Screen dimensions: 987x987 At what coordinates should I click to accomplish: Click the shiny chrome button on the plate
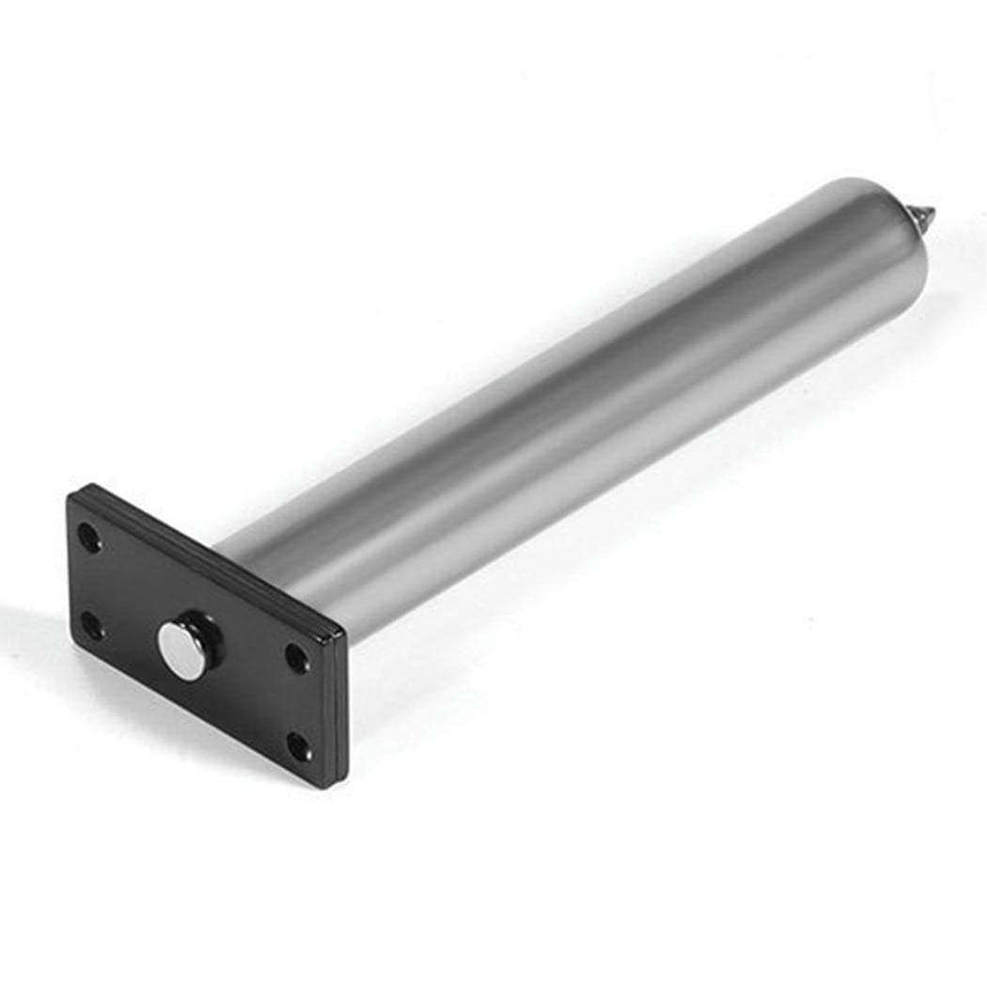(180, 648)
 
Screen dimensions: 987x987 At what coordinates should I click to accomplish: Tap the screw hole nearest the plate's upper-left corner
(88, 538)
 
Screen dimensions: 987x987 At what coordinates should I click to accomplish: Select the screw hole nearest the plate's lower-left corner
(92, 624)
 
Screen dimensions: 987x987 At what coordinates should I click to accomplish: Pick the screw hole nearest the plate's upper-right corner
(296, 657)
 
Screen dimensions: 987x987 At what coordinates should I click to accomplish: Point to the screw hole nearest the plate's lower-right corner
(299, 747)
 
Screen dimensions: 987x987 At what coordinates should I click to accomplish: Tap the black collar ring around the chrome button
(202, 630)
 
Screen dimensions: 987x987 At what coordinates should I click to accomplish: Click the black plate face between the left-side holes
(90, 581)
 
